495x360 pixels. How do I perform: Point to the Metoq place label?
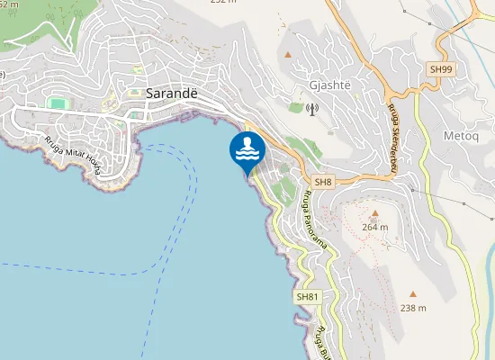pos(462,135)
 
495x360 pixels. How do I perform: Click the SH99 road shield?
pos(439,68)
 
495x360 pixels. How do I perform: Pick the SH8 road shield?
pos(324,183)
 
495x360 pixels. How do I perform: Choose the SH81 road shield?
pos(307,296)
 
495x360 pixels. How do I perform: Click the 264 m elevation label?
pos(374,227)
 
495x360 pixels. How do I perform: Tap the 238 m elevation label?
pos(413,309)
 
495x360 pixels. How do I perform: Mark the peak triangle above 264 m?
pos(374,214)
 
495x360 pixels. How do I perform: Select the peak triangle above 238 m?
pos(413,293)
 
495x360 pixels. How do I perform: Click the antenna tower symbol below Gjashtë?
pos(312,111)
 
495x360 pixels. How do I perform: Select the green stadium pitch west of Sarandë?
pos(58,103)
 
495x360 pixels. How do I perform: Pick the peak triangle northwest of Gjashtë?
pos(288,55)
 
